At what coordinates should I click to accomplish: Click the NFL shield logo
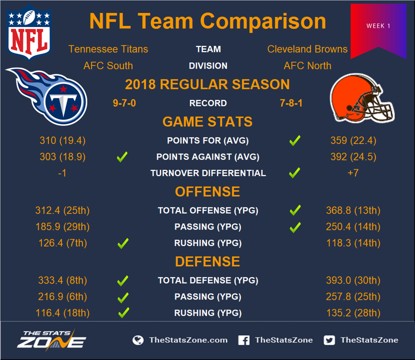point(29,32)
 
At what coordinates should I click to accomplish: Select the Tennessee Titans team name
point(108,49)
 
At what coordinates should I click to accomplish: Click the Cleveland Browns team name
point(307,49)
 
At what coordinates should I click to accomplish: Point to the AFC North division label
point(307,65)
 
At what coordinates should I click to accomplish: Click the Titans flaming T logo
point(47,96)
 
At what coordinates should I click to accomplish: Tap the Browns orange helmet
point(362,98)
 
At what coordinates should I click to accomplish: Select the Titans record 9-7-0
point(124,103)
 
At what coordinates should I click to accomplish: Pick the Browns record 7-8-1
point(291,103)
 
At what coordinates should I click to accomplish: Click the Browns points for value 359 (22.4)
point(353,140)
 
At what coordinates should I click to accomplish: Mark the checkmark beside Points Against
point(122,157)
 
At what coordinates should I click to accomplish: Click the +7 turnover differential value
point(353,173)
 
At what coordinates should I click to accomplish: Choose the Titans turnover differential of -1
point(62,173)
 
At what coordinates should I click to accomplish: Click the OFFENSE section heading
point(207,191)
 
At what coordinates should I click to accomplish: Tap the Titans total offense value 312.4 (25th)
point(62,210)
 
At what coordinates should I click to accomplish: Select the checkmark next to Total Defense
point(123,281)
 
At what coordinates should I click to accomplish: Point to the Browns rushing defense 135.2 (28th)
point(353,313)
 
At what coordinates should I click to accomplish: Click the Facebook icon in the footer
point(244,340)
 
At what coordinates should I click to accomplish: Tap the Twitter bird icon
point(329,340)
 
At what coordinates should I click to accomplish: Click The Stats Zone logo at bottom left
point(51,340)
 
